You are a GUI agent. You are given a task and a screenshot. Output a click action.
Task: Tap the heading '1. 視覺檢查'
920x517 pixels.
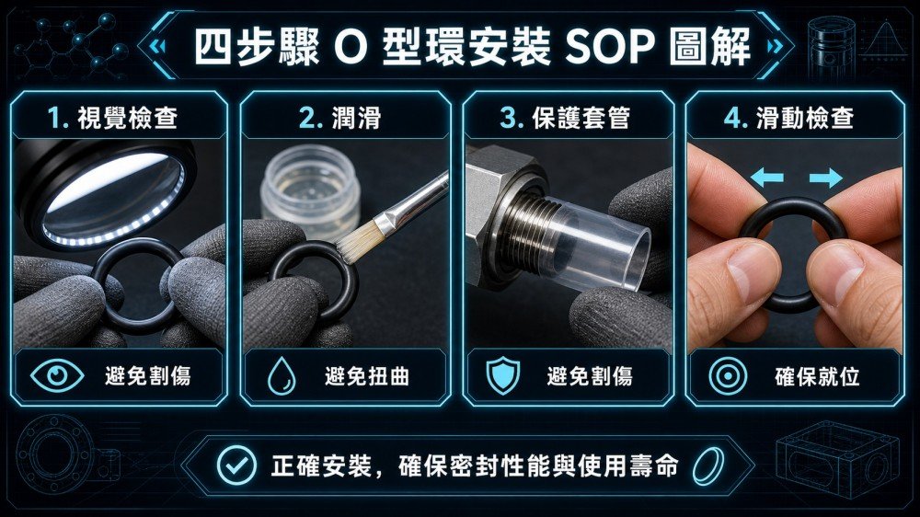(x=112, y=118)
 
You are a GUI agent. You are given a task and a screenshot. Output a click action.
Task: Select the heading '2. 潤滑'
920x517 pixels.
(x=340, y=118)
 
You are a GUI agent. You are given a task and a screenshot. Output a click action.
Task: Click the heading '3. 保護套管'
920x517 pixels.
(x=565, y=118)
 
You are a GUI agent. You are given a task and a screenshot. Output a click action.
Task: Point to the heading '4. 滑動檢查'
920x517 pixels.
(x=789, y=118)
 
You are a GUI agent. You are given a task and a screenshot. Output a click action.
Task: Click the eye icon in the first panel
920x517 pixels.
(x=57, y=375)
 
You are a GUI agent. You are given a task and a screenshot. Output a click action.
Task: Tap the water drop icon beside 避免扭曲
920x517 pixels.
(x=282, y=376)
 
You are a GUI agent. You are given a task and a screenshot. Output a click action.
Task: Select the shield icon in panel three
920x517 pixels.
(x=503, y=376)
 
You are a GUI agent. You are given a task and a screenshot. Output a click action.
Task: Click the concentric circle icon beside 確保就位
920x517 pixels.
(x=728, y=376)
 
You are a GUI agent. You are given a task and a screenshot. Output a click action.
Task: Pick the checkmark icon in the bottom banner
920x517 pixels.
(x=236, y=465)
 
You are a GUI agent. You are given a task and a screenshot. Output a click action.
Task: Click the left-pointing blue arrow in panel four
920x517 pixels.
(x=767, y=178)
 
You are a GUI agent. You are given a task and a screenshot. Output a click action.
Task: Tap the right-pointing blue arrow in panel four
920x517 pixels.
(x=826, y=178)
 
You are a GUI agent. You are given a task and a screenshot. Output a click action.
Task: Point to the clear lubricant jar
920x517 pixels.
(x=310, y=190)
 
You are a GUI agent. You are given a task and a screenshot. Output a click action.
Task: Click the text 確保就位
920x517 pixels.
(x=817, y=376)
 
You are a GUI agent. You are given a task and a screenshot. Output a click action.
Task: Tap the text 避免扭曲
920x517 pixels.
(x=367, y=376)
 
